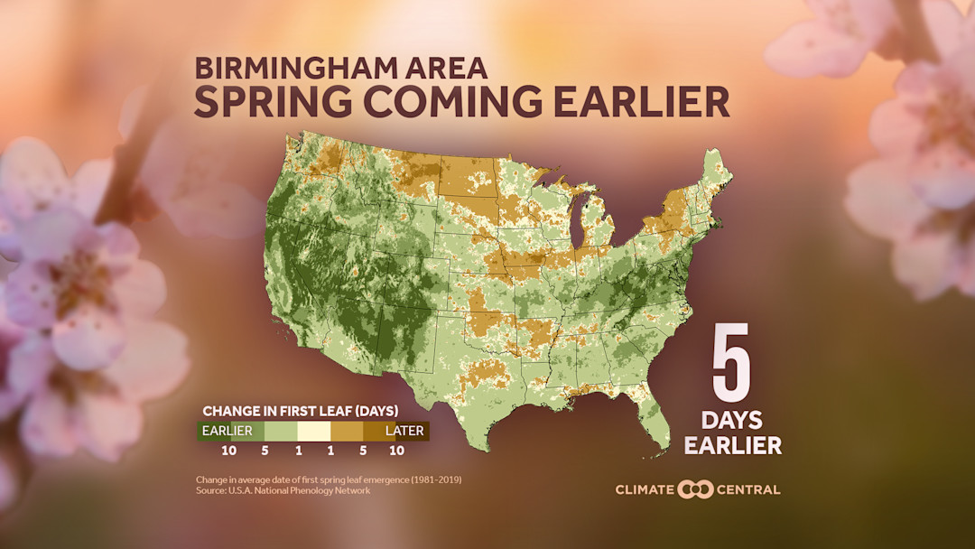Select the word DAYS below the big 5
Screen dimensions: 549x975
[x=732, y=420]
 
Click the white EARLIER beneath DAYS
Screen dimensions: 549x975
[x=732, y=444]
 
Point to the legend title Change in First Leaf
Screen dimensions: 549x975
[x=300, y=411]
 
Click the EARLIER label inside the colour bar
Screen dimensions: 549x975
[x=227, y=431]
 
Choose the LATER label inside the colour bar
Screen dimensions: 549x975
[x=404, y=431]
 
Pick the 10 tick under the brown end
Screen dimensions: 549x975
[x=395, y=450]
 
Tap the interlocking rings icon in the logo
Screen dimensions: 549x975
[x=696, y=489]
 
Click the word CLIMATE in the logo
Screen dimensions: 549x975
[x=645, y=489]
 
